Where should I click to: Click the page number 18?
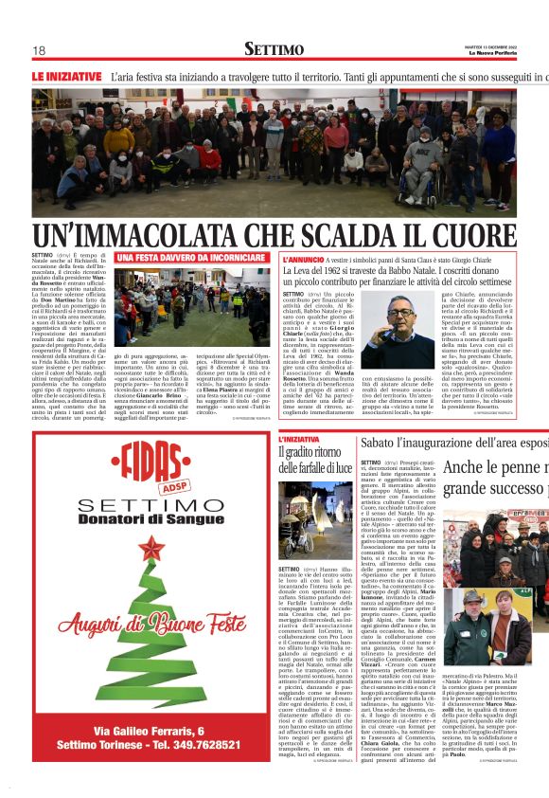click(x=39, y=50)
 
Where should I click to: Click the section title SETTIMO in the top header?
click(x=274, y=49)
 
